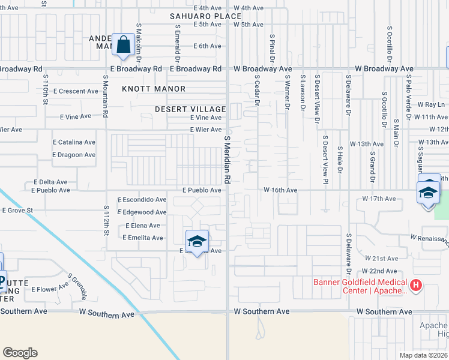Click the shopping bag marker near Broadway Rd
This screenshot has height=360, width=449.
[x=123, y=45]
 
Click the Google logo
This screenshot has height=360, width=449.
[x=20, y=353]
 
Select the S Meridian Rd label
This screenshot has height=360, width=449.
[x=228, y=159]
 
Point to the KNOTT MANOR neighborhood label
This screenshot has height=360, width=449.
[x=154, y=89]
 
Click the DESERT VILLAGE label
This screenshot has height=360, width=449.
[x=190, y=109]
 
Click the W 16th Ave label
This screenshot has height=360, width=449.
[x=280, y=190]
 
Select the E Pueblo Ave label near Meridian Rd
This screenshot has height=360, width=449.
[x=202, y=190]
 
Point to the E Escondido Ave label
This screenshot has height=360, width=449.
[x=142, y=199]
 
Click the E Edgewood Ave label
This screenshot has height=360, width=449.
[x=144, y=212]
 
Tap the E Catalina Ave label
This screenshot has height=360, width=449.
[x=74, y=142]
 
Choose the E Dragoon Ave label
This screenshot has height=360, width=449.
[x=74, y=155]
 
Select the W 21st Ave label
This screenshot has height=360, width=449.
[x=381, y=258]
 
